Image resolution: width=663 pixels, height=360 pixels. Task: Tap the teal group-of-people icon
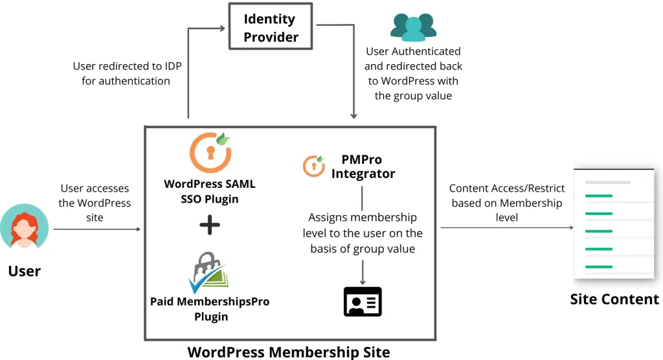[413, 27]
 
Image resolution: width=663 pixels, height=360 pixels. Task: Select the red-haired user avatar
[24, 226]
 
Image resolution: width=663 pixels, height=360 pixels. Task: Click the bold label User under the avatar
[25, 271]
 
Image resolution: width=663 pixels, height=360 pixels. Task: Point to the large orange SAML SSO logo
[210, 152]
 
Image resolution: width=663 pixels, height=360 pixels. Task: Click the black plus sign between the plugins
[210, 225]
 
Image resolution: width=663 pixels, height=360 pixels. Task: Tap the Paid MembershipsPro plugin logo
[208, 273]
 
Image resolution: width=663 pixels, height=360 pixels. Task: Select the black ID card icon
[363, 302]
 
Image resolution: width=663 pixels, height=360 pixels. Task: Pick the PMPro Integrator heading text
[363, 166]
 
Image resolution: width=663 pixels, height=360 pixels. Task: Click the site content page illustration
[614, 224]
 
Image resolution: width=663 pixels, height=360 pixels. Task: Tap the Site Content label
[614, 300]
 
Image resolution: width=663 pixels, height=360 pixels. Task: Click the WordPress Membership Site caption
[289, 352]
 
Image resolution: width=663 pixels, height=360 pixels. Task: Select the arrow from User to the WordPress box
[97, 229]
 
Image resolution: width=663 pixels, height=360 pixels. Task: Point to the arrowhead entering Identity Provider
[222, 28]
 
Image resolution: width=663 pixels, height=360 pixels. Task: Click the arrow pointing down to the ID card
[363, 272]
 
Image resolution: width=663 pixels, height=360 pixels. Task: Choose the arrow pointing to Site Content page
[507, 228]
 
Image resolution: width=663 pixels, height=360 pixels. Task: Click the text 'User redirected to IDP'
[128, 66]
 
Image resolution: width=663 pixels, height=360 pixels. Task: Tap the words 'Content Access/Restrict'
[506, 188]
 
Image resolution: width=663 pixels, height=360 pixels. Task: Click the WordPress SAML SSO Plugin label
[210, 191]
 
